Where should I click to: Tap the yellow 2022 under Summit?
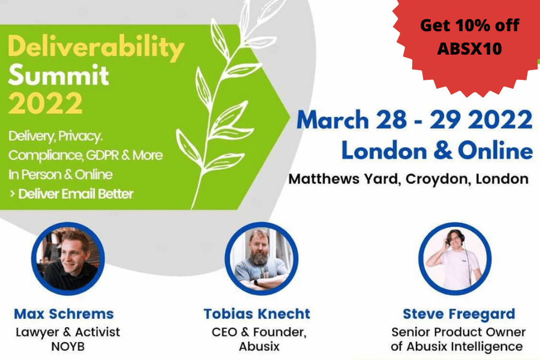[x=45, y=103]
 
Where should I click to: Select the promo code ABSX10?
[x=469, y=48]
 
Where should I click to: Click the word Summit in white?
[x=59, y=75]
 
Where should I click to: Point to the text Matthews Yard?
[x=343, y=179]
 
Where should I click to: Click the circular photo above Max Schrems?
[x=68, y=259]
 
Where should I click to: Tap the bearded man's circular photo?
[x=262, y=259]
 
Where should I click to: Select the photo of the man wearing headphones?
[x=455, y=259]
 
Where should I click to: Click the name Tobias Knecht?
[x=257, y=314]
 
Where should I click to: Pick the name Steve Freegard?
[x=459, y=314]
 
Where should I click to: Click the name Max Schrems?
[x=64, y=314]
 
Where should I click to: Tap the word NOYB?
[x=68, y=346]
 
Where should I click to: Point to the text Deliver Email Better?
[x=76, y=194]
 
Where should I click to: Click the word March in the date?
[x=332, y=120]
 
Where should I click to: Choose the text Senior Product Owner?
[x=458, y=332]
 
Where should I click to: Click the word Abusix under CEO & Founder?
[x=259, y=346]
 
